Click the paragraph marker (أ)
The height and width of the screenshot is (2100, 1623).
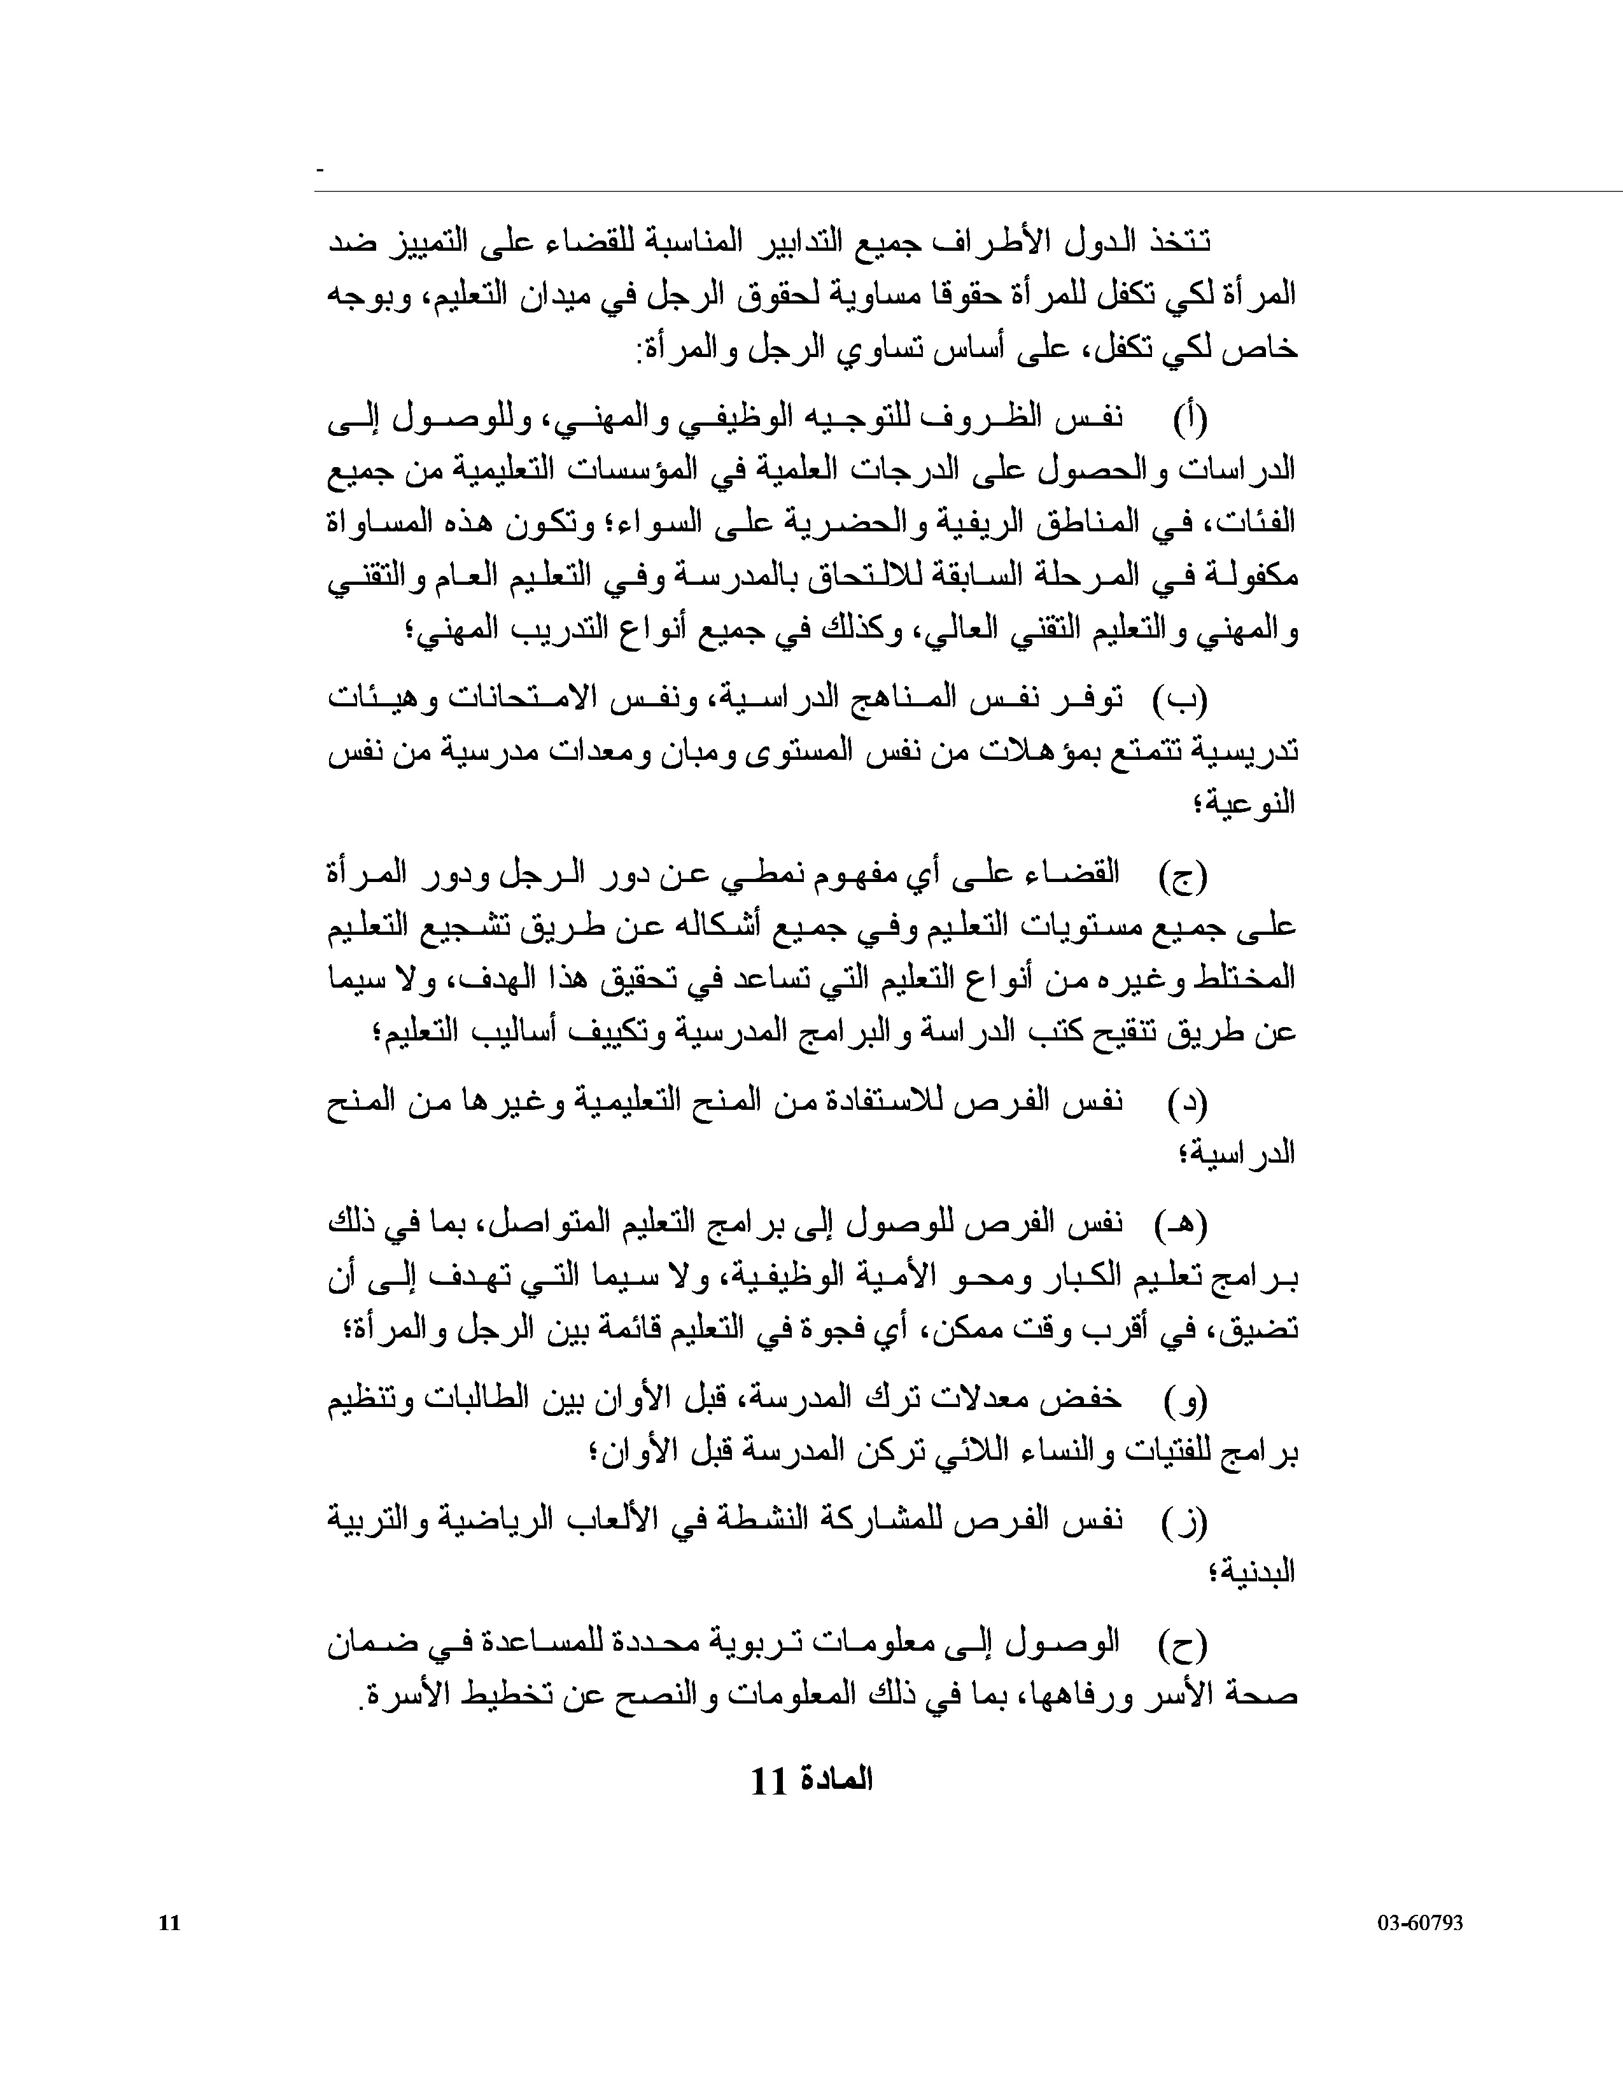pos(1190,419)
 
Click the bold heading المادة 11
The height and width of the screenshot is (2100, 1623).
pos(810,1781)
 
